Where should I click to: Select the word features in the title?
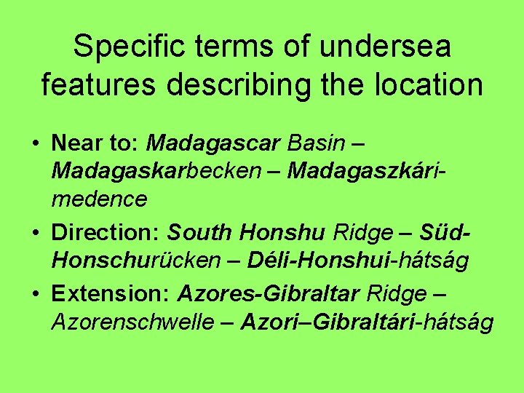98,84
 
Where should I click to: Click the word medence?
99,199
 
